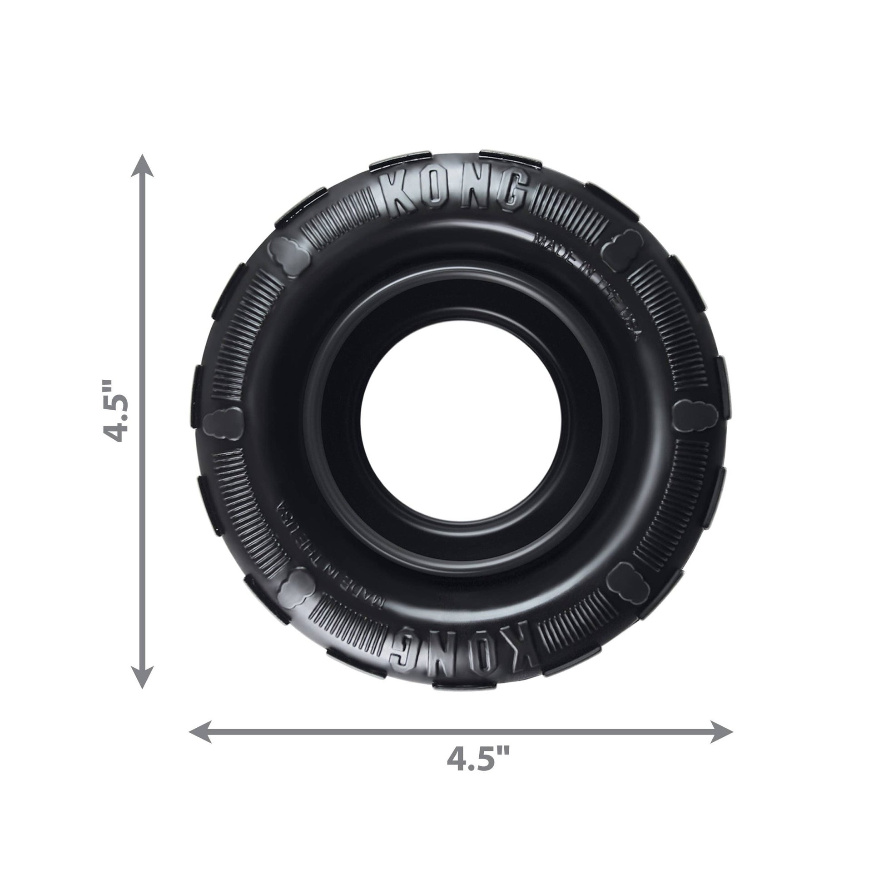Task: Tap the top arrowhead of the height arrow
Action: (x=142, y=166)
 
